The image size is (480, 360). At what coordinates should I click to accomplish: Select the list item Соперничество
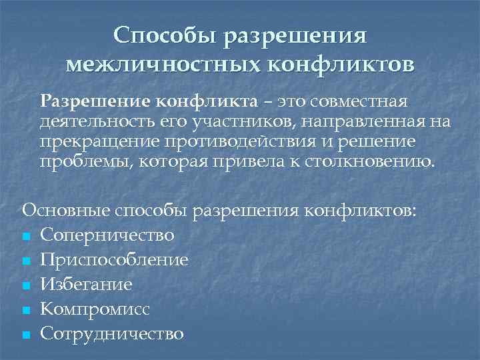click(107, 235)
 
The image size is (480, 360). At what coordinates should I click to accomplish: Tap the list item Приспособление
click(114, 260)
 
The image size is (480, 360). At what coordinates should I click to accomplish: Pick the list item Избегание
click(86, 285)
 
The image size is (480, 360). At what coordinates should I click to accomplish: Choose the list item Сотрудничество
click(111, 333)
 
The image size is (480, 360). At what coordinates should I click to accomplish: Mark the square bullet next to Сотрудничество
click(26, 335)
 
